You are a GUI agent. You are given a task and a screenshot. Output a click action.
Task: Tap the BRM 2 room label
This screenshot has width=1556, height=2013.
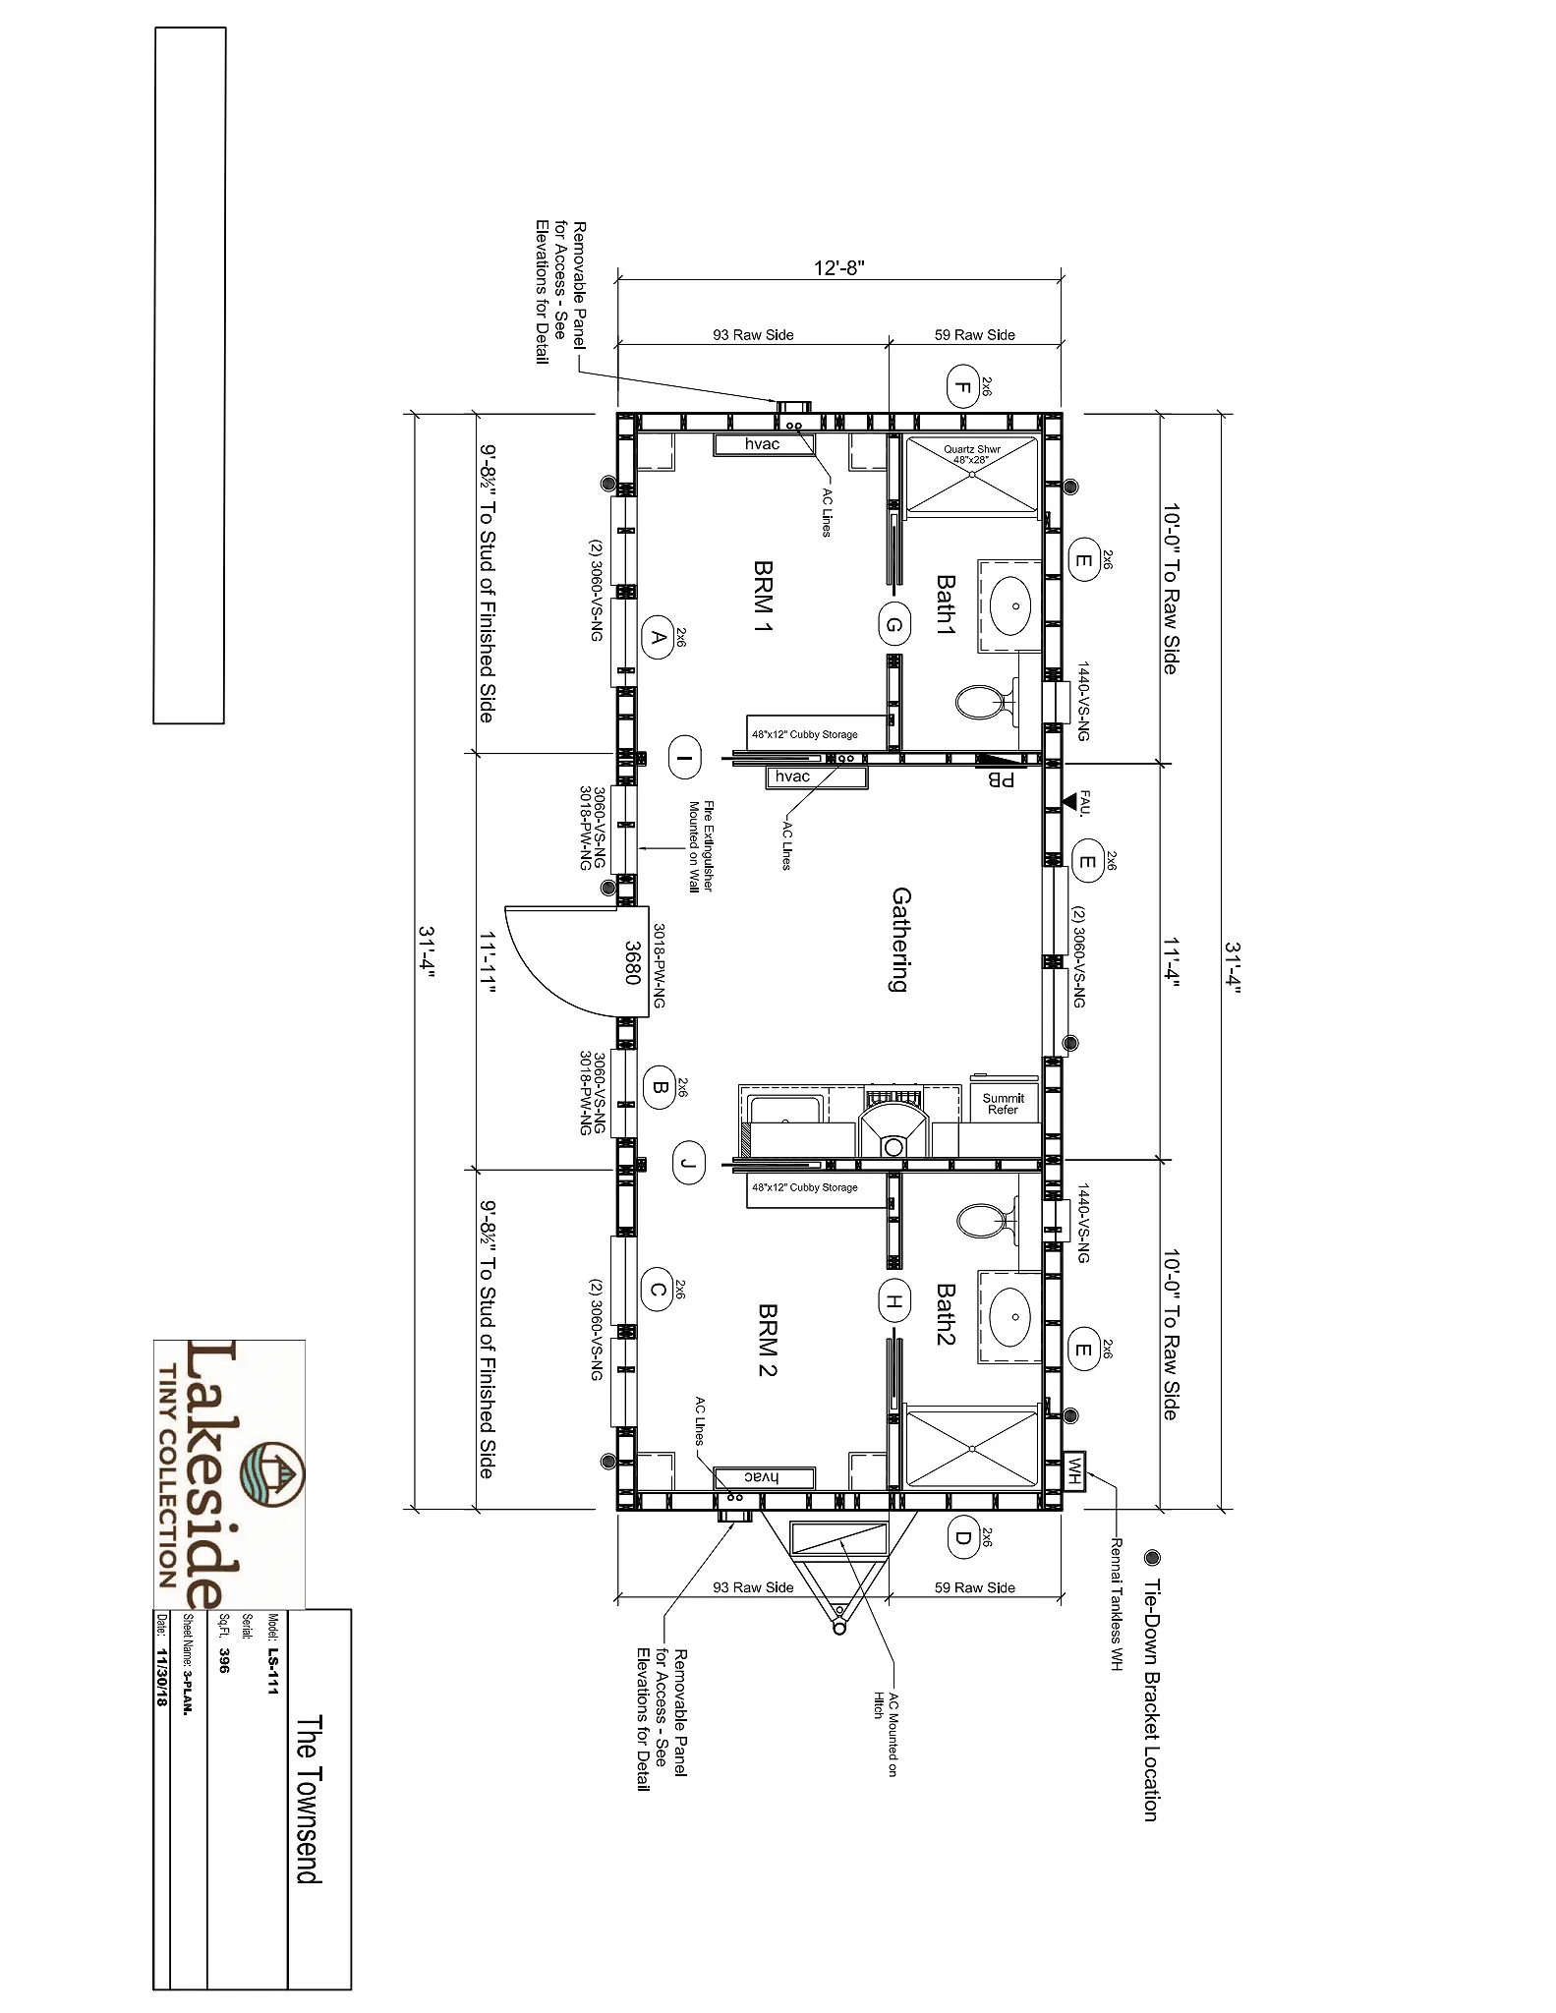coord(767,1341)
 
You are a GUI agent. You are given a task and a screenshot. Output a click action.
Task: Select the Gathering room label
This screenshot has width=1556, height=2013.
coord(900,941)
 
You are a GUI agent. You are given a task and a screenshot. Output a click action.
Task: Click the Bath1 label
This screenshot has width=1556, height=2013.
coord(945,605)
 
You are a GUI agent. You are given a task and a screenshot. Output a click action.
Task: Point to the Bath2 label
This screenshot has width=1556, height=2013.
coord(945,1314)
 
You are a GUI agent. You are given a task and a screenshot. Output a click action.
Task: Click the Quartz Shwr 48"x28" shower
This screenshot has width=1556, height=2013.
coord(971,475)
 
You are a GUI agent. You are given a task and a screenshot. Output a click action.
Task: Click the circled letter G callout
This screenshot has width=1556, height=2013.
coord(893,625)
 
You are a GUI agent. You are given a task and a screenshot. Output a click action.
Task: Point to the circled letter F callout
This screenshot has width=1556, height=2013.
coord(961,386)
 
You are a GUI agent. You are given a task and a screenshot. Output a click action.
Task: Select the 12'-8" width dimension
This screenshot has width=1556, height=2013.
coord(838,267)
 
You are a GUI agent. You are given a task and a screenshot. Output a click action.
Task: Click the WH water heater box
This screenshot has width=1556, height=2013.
coord(1074,1470)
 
